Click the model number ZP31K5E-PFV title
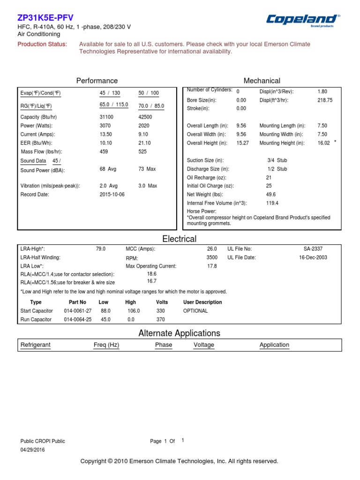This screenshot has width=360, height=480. click(x=45, y=18)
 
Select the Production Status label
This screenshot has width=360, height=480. click(x=42, y=44)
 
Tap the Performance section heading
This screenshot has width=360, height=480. click(x=97, y=81)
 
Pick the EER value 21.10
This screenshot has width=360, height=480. click(x=144, y=143)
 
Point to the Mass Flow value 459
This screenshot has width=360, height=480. click(x=104, y=152)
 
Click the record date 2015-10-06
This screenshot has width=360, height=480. click(x=112, y=195)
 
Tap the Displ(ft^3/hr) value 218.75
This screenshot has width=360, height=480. click(x=325, y=100)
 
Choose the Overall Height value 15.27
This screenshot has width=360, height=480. click(x=242, y=143)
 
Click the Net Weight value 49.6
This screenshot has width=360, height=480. click(x=271, y=195)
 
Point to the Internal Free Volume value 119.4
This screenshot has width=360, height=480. click(x=272, y=203)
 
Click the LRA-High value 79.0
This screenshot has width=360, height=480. click(x=101, y=249)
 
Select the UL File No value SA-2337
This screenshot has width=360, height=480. click(x=313, y=249)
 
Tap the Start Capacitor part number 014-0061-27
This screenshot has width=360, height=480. click(x=77, y=311)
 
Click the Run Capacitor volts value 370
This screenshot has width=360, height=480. click(x=161, y=319)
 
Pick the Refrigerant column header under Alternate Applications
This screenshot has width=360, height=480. click(x=36, y=345)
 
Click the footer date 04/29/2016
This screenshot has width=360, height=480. click(x=33, y=450)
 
